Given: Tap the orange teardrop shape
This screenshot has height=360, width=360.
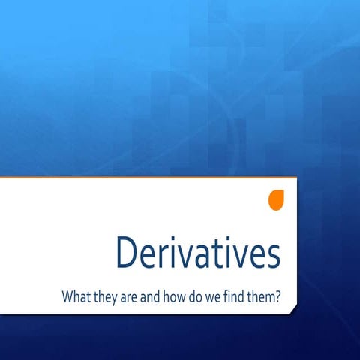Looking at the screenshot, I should (x=276, y=199).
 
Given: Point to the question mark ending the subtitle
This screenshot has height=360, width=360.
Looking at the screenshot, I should (x=278, y=296).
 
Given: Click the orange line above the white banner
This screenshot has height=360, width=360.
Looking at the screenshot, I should (x=150, y=178).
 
